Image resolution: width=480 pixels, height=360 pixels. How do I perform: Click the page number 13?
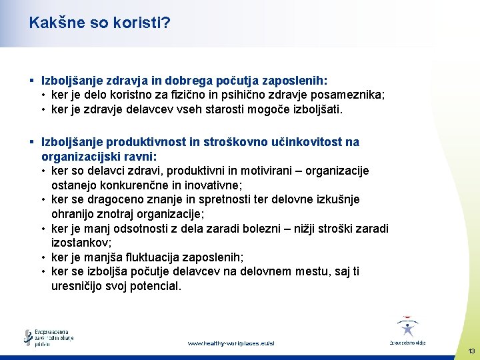tap(471, 351)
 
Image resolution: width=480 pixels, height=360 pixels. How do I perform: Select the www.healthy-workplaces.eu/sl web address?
tap(231, 343)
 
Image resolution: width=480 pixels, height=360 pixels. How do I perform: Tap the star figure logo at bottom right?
tap(407, 329)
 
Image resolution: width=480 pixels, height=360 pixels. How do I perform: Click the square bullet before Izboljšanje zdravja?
tap(32, 80)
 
